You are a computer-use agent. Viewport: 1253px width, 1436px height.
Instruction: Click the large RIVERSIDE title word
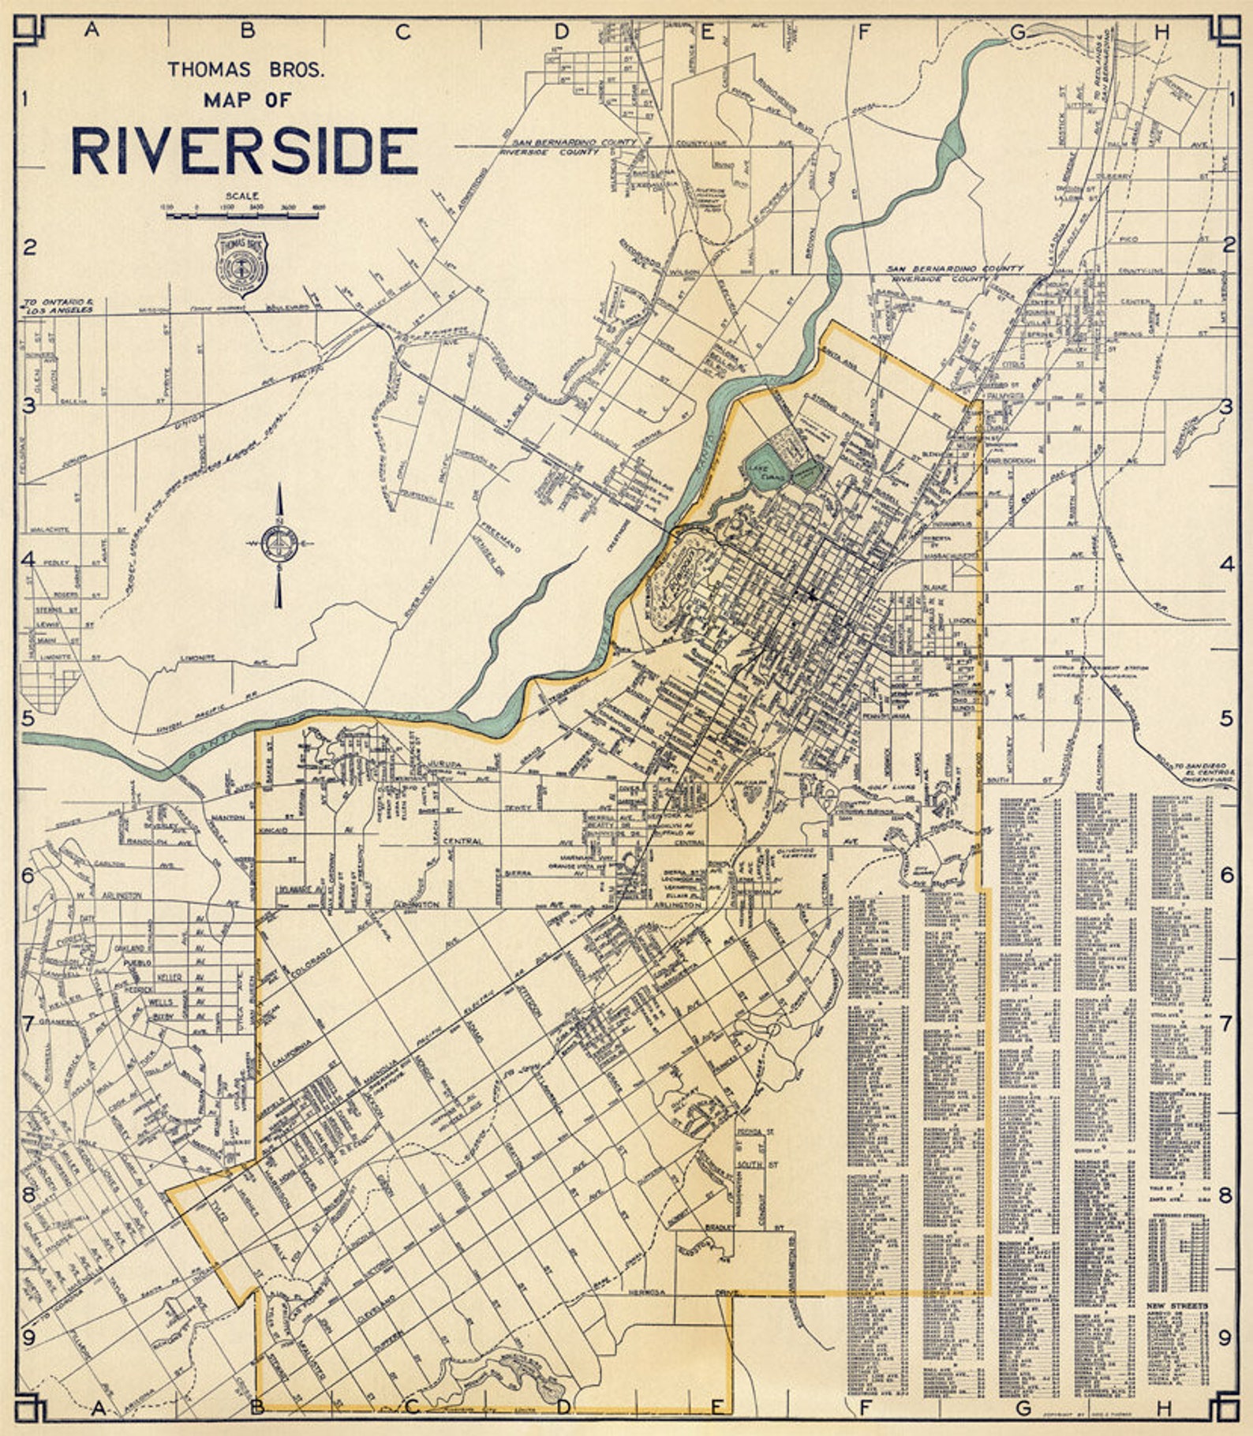coord(245,151)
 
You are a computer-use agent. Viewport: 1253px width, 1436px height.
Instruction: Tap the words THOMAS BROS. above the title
coord(245,70)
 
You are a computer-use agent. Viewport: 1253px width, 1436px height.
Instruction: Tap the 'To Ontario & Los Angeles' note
coord(59,305)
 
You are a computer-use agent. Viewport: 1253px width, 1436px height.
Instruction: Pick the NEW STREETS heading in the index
coord(1176,1307)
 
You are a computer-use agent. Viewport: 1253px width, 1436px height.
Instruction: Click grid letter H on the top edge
coord(1161,32)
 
